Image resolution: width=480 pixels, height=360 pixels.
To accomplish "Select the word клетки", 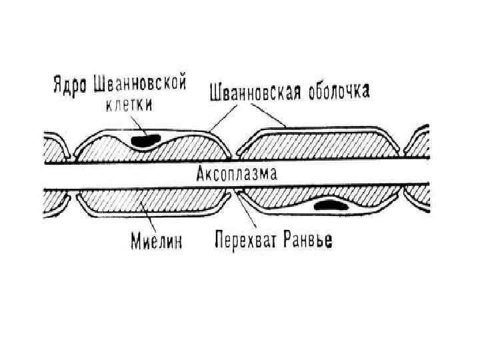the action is click(x=131, y=104).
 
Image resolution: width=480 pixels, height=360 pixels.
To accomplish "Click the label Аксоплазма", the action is click(x=237, y=175).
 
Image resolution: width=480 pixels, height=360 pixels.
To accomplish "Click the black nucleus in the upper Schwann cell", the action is click(x=147, y=141).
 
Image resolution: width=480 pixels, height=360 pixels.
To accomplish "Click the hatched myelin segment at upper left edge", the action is click(x=55, y=149).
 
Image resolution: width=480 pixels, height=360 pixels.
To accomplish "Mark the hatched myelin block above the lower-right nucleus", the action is click(x=313, y=195).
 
